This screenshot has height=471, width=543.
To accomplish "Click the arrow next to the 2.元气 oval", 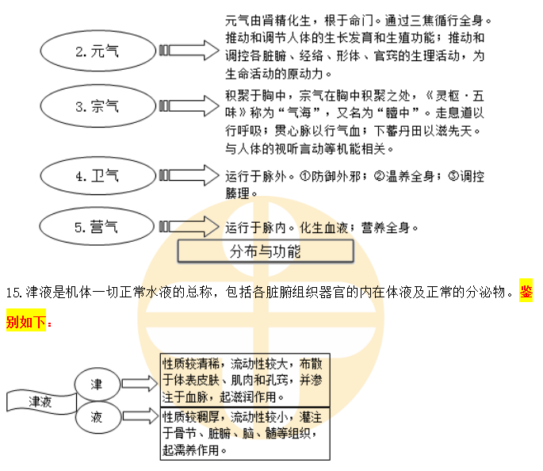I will tap(190, 51).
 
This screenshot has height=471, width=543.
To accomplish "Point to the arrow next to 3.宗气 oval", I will tap(190, 104).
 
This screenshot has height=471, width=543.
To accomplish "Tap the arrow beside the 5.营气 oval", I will tap(190, 227).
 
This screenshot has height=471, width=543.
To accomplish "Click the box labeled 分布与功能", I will tap(265, 252).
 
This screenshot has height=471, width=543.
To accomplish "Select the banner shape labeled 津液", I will tap(40, 401).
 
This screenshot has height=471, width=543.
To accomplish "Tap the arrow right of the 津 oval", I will tap(140, 385).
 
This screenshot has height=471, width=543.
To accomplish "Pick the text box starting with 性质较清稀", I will tap(244, 379).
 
